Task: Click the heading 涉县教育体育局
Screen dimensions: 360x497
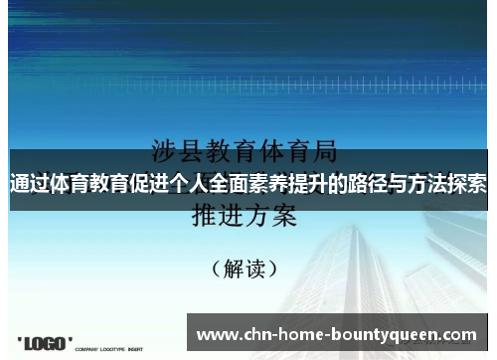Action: [x=244, y=153]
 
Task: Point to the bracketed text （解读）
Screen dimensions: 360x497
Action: [x=245, y=268]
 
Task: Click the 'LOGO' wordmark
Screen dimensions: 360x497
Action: [x=45, y=344]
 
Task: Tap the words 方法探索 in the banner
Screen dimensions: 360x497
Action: [x=446, y=185]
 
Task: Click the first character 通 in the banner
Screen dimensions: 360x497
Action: [x=20, y=185]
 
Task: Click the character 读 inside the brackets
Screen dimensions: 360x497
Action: [x=255, y=268]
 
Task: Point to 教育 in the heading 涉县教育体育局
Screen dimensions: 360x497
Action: [x=232, y=153]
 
